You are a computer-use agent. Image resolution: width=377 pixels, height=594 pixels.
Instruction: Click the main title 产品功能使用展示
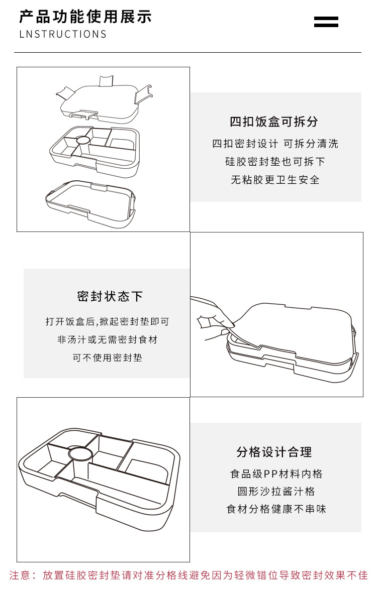pyautogui.click(x=85, y=17)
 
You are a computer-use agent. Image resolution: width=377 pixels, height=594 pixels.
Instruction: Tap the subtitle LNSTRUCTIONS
pyautogui.click(x=63, y=34)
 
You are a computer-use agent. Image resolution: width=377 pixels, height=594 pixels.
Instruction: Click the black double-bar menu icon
pyautogui.click(x=326, y=22)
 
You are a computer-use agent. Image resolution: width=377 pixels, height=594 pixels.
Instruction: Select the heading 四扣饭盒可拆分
pyautogui.click(x=274, y=122)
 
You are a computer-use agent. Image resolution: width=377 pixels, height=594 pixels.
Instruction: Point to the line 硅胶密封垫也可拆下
pyautogui.click(x=275, y=162)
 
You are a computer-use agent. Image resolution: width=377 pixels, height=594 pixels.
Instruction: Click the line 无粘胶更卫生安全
pyautogui.click(x=275, y=180)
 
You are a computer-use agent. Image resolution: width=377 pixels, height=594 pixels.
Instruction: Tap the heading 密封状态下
pyautogui.click(x=110, y=296)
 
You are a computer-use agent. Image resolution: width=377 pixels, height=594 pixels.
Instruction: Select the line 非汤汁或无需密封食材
pyautogui.click(x=107, y=340)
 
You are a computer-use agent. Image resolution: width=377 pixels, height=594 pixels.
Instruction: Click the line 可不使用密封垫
pyautogui.click(x=107, y=358)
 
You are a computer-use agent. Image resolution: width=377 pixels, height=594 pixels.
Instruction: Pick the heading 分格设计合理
pyautogui.click(x=274, y=452)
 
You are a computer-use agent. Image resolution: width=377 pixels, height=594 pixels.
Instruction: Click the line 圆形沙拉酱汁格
pyautogui.click(x=276, y=492)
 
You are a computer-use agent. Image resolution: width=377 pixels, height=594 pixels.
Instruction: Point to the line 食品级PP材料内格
pyautogui.click(x=276, y=473)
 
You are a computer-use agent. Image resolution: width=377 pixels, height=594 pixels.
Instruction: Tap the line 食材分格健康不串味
pyautogui.click(x=276, y=509)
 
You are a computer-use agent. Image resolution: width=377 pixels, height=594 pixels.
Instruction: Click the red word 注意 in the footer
pyautogui.click(x=20, y=575)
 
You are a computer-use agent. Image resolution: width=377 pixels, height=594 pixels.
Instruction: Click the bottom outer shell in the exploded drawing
pyautogui.click(x=90, y=203)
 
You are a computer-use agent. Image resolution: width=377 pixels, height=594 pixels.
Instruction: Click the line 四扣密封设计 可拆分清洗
pyautogui.click(x=275, y=144)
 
